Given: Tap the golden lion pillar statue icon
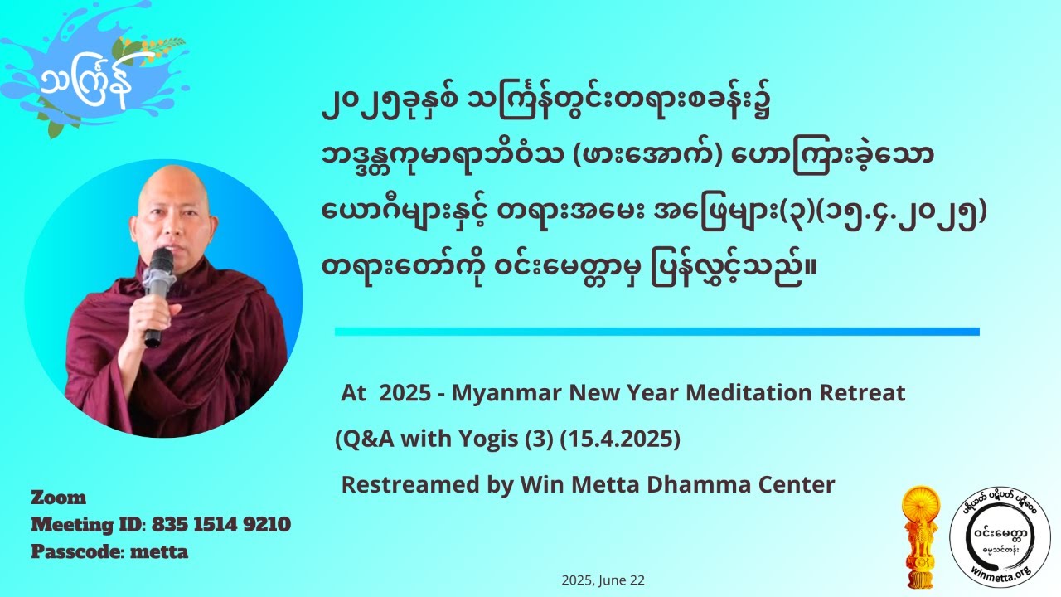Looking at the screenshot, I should (x=921, y=531).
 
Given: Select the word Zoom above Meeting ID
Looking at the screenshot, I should (x=59, y=498).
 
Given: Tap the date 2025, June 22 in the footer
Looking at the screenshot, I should (x=603, y=581).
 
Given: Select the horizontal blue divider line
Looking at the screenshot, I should (x=656, y=332).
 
